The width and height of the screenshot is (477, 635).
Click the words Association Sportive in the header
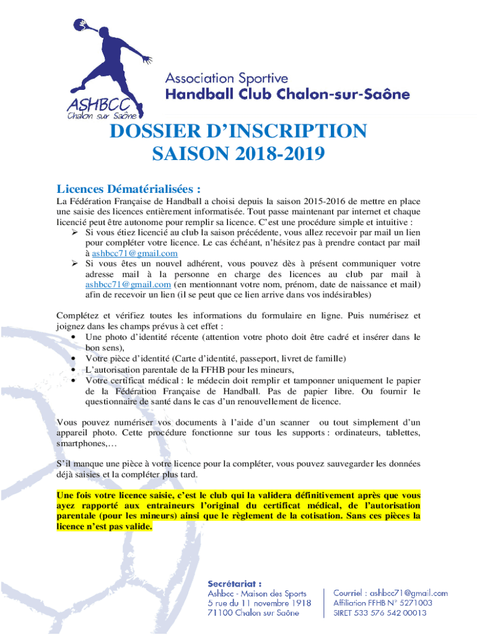226,79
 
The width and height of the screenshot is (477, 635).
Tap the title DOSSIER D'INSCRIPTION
238,131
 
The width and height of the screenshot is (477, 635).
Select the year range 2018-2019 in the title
273,153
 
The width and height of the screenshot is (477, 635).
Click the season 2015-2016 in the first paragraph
325,202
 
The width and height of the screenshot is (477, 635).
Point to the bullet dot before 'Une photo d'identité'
74,337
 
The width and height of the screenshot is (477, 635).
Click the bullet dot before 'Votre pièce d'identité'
74,359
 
